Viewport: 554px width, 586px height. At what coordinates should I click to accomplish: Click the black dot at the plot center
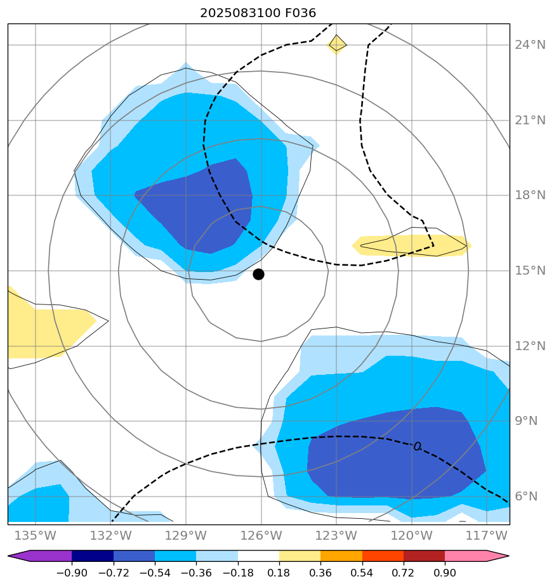point(258,274)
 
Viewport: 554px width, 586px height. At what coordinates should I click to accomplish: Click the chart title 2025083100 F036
point(258,13)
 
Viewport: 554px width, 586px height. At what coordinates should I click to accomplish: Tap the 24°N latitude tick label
point(530,45)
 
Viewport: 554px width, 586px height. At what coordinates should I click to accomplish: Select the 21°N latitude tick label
point(530,120)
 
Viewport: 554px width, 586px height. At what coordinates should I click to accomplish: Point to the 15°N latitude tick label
point(530,271)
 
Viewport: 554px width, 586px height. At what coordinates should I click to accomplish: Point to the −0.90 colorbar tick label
point(72,573)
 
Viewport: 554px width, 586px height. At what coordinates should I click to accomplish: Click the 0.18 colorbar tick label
point(279,573)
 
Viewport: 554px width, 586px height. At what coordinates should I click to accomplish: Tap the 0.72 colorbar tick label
point(404,573)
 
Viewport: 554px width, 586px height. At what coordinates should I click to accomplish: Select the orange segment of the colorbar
point(341,556)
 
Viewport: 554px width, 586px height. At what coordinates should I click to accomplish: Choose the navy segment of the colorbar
point(93,556)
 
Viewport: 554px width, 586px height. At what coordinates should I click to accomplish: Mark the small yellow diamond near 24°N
point(337,44)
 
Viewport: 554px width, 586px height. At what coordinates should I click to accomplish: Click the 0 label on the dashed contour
point(417,446)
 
